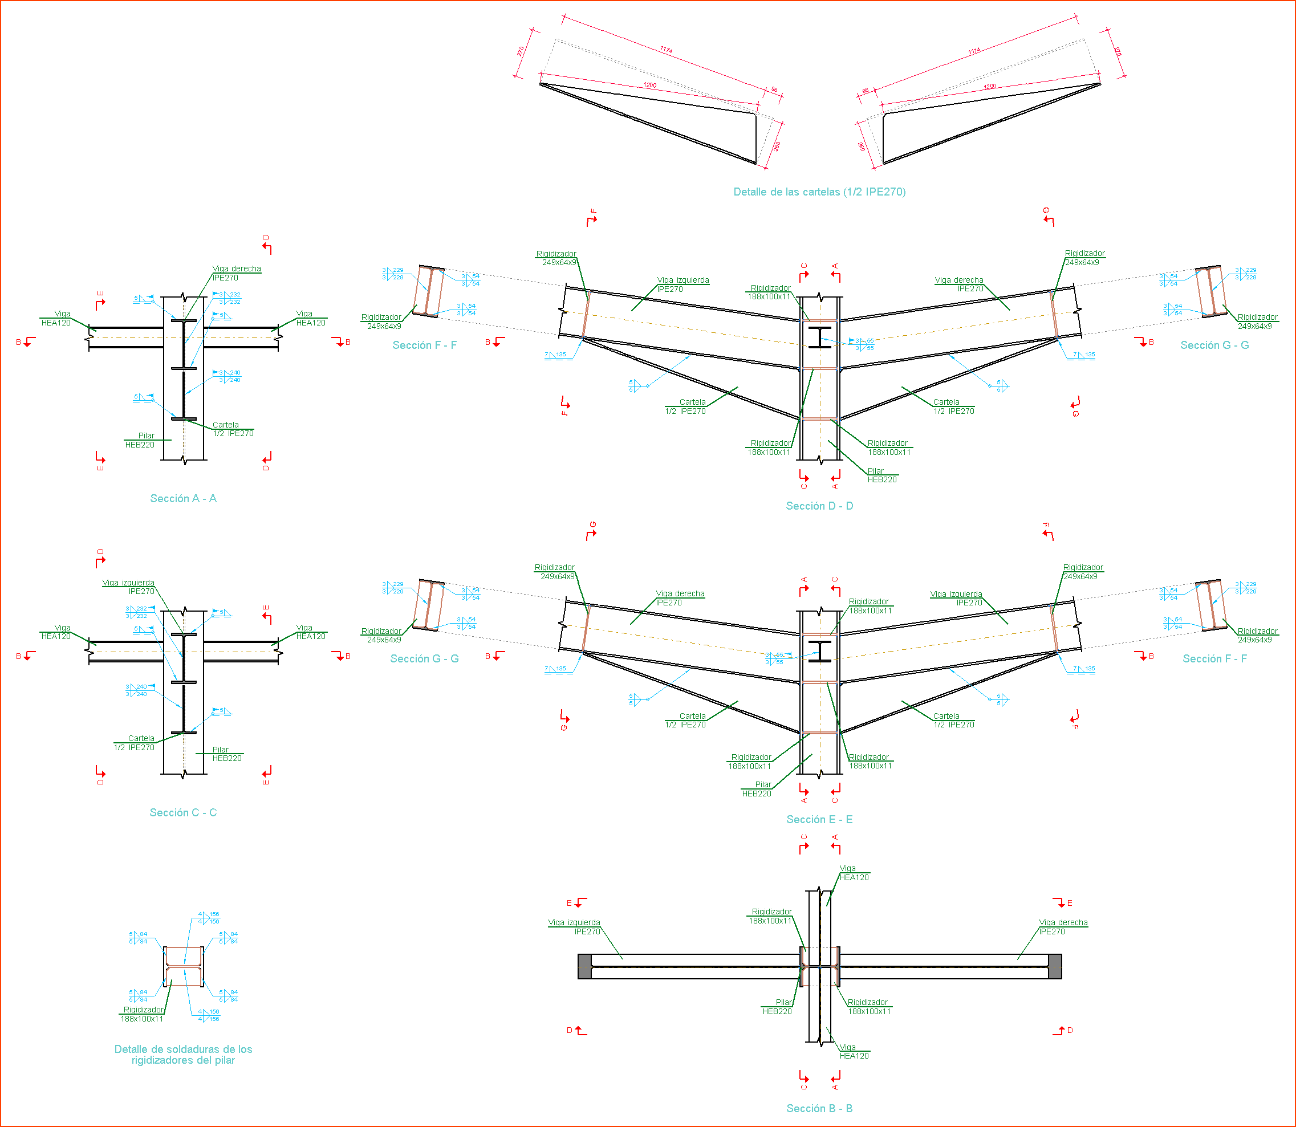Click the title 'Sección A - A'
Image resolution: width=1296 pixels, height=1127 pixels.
click(x=183, y=499)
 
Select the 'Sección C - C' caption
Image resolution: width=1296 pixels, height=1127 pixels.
click(x=183, y=812)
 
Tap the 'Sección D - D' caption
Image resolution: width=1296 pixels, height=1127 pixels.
click(x=819, y=506)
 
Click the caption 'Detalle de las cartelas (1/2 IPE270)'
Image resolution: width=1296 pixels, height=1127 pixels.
click(x=819, y=192)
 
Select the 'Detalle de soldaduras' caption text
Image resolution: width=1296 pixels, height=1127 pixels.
click(x=183, y=1055)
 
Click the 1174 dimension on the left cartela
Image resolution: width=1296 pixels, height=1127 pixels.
click(x=666, y=50)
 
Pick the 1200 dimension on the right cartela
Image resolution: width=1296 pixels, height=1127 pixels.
click(x=990, y=87)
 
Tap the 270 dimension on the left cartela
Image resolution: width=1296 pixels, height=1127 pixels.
click(x=521, y=51)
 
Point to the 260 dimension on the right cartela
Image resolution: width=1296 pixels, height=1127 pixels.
click(x=860, y=147)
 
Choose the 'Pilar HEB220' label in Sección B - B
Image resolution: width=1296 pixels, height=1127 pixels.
click(x=778, y=1007)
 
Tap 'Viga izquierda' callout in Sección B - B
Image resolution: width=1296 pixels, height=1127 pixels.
click(x=574, y=927)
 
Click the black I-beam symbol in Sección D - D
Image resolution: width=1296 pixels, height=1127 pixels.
click(x=820, y=337)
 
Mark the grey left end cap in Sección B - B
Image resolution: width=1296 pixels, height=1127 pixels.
click(x=584, y=967)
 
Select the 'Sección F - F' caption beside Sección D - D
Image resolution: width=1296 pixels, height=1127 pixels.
click(x=425, y=345)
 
